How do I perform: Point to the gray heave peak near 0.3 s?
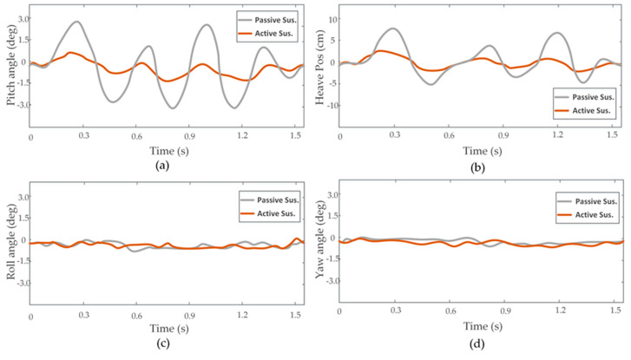(x=392, y=29)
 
